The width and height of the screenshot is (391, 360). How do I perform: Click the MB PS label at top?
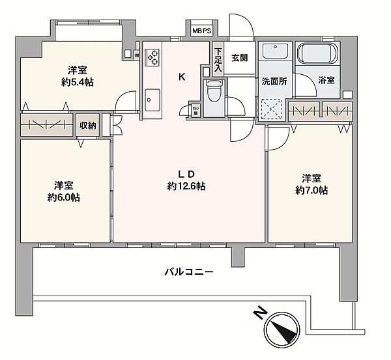tap(201, 30)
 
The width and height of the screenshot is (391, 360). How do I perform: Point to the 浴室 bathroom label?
tap(326, 81)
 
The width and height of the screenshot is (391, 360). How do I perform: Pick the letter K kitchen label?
tap(182, 77)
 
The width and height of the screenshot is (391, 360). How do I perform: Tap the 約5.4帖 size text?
tap(76, 83)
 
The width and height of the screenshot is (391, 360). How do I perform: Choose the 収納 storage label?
tap(88, 126)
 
